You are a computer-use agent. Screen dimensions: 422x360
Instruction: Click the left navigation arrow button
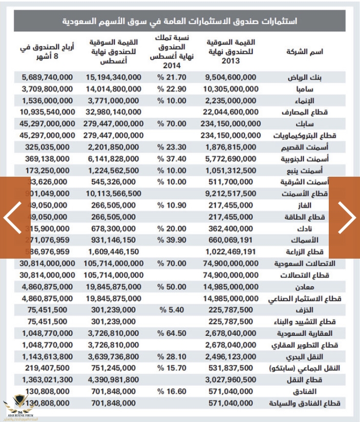tap(11, 218)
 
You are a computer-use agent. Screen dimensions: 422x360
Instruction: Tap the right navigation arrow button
tap(348, 218)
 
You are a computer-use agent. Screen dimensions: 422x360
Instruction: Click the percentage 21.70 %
tap(171, 77)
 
